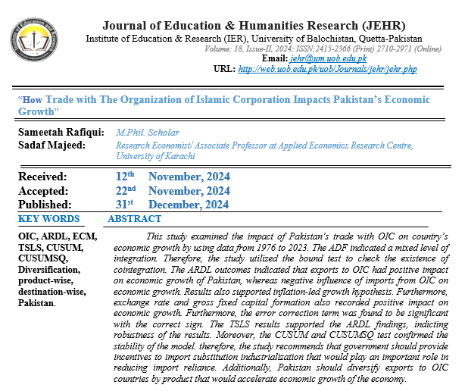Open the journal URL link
click(326, 69)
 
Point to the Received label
click(45, 177)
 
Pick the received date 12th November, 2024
click(170, 177)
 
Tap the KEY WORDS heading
click(48, 219)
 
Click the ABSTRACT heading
click(134, 219)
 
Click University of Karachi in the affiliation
click(155, 156)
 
